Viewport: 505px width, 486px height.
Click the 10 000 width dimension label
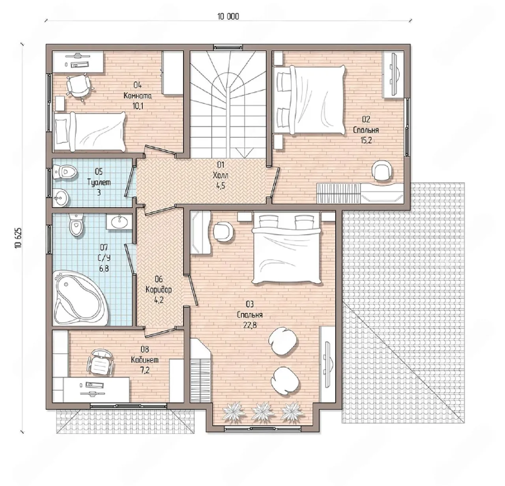pyautogui.click(x=228, y=17)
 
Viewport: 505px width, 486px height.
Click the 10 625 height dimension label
pyautogui.click(x=18, y=238)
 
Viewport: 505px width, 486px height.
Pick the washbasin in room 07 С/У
pyautogui.click(x=119, y=221)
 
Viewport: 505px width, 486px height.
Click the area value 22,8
pyautogui.click(x=250, y=325)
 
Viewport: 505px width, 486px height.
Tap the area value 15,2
pyautogui.click(x=366, y=140)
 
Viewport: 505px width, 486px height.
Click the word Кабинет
pyautogui.click(x=144, y=360)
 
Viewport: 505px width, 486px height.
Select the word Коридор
pyautogui.click(x=159, y=289)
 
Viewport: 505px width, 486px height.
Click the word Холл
pyautogui.click(x=220, y=175)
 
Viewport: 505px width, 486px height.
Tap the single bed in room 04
pyautogui.click(x=89, y=132)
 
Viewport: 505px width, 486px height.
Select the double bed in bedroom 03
pyautogui.click(x=286, y=249)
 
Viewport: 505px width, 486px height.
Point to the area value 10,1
pyautogui.click(x=138, y=106)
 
